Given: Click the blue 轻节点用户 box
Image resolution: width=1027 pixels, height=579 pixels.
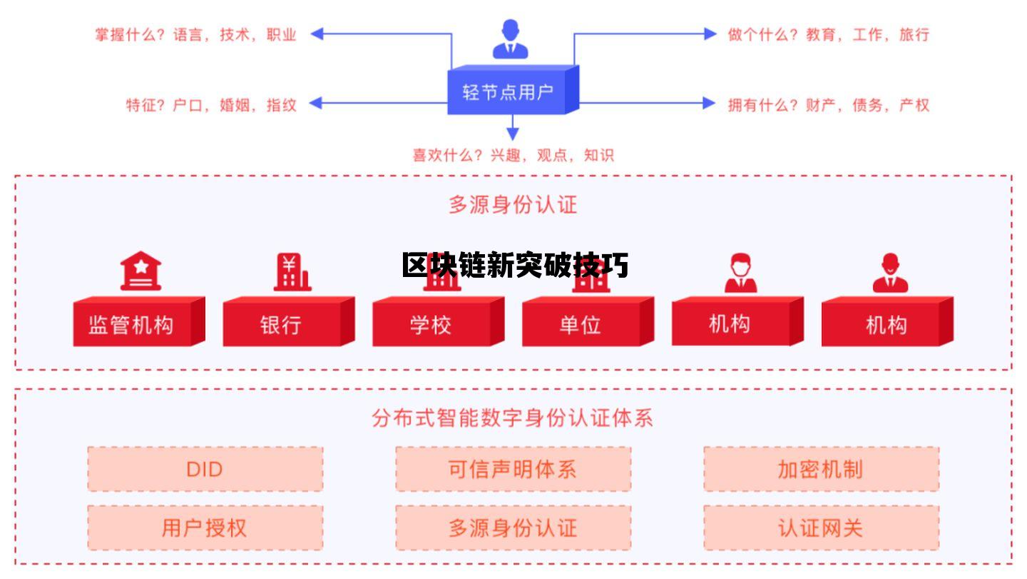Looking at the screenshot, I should click(x=508, y=91).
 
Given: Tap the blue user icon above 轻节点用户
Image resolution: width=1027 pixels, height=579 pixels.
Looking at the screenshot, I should click(x=511, y=39).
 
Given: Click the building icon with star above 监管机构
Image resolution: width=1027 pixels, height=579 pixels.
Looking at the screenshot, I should click(x=140, y=271).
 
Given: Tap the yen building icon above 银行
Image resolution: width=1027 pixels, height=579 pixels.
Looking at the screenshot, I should click(x=291, y=272).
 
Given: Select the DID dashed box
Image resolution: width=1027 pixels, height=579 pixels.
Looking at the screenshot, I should click(x=205, y=469).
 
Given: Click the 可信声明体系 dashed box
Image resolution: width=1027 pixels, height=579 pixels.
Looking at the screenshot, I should click(x=513, y=469).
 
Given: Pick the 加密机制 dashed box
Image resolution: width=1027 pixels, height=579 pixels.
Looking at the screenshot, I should click(x=821, y=469).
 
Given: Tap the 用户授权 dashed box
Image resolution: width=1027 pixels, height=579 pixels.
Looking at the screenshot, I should click(x=205, y=528).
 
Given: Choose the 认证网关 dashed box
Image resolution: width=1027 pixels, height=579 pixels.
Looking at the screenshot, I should click(x=821, y=528).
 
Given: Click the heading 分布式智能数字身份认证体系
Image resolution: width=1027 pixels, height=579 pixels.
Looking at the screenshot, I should click(x=512, y=418).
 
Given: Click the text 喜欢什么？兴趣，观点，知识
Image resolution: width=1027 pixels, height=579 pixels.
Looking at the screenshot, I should click(x=513, y=155).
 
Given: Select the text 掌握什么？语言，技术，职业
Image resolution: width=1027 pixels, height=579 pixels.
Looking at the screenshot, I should click(x=195, y=34).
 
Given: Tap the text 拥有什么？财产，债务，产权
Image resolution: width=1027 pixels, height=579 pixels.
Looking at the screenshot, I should click(x=829, y=105).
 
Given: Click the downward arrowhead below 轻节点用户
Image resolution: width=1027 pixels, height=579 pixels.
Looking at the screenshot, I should click(x=512, y=134).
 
